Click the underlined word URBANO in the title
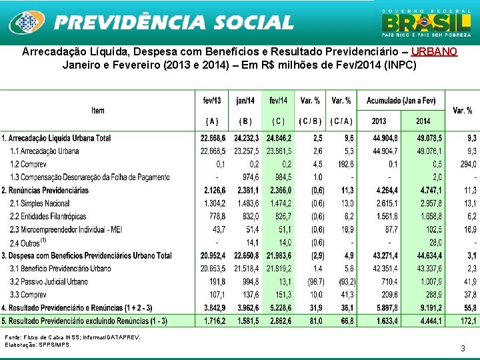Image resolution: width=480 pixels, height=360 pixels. tap(435, 52)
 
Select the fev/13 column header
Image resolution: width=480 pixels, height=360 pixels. tap(212, 101)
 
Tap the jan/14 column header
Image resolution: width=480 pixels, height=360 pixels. tap(245, 101)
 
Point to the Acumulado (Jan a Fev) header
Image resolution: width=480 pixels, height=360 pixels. tap(401, 101)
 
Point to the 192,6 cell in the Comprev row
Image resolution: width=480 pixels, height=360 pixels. tap(344, 164)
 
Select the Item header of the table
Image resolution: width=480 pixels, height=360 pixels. tap(98, 111)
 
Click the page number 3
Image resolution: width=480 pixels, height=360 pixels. tap(463, 348)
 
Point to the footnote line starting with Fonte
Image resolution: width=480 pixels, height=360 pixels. tap(72, 337)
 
